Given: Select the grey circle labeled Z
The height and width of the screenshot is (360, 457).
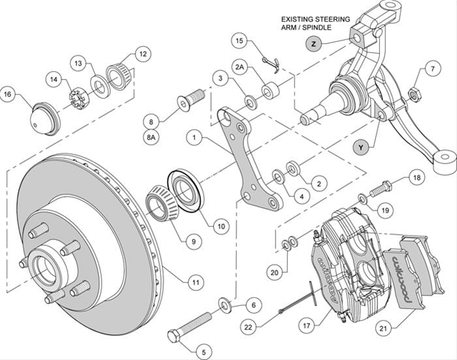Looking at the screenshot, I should click(x=314, y=44).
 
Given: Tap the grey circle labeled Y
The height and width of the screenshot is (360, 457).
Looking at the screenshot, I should click(x=361, y=147).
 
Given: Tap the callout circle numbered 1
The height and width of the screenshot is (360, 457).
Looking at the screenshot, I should click(x=194, y=137).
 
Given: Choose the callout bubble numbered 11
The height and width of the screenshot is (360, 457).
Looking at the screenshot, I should click(x=195, y=283).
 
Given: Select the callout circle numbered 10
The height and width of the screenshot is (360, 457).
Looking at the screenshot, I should click(x=221, y=226).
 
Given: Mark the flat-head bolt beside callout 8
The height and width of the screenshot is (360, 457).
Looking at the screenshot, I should click(x=187, y=103).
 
